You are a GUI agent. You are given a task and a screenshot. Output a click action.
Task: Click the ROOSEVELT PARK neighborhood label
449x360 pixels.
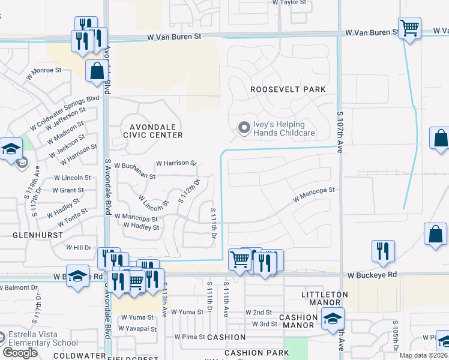click(288, 89)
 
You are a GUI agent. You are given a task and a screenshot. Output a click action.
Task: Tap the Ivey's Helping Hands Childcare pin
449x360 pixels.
click(244, 128)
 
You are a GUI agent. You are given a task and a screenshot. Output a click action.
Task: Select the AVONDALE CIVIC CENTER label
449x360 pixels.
click(152, 131)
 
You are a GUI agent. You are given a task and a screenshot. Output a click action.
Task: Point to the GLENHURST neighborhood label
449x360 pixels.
click(34, 236)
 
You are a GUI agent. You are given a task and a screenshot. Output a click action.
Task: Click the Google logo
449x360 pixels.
click(20, 353)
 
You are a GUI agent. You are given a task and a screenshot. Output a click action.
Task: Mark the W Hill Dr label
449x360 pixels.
click(78, 247)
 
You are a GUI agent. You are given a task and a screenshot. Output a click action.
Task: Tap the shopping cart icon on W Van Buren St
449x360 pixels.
click(409, 28)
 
